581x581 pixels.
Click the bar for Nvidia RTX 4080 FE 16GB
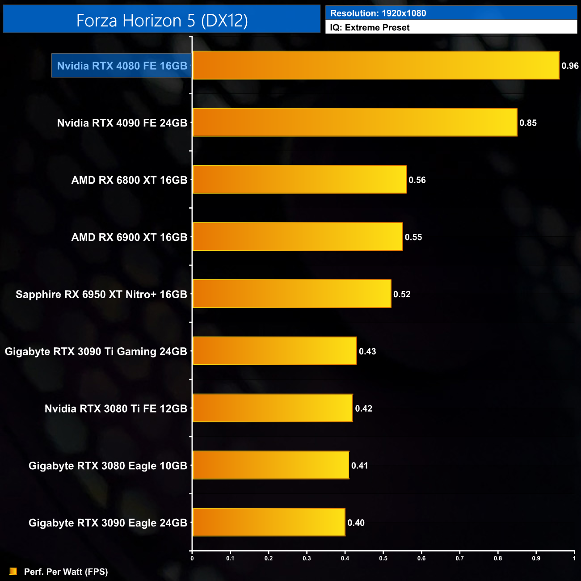[x=375, y=65]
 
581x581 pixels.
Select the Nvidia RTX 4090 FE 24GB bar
[x=354, y=122]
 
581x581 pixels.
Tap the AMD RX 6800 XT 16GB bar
[x=299, y=180]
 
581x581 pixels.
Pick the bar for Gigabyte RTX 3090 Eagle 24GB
[x=269, y=522]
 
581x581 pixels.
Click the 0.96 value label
[x=570, y=66]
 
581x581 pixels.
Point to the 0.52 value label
[x=402, y=294]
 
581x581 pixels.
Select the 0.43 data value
[x=367, y=351]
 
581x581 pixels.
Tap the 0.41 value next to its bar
[x=360, y=466]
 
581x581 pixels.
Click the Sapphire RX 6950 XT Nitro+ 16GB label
[x=101, y=294]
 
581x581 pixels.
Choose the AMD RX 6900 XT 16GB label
[x=129, y=237]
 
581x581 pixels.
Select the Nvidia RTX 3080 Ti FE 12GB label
[x=116, y=408]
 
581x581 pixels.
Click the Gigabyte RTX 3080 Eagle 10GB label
[x=108, y=466]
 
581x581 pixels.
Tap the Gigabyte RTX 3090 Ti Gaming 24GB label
[x=96, y=351]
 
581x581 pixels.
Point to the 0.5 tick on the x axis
[x=383, y=558]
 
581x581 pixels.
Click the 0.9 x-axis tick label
[x=536, y=558]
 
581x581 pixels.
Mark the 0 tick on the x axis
[x=192, y=558]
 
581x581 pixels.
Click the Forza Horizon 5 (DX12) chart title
[x=162, y=21]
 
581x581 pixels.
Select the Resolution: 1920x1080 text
[x=378, y=13]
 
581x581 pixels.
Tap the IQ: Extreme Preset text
[x=370, y=28]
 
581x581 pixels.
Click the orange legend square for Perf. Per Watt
[x=13, y=571]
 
